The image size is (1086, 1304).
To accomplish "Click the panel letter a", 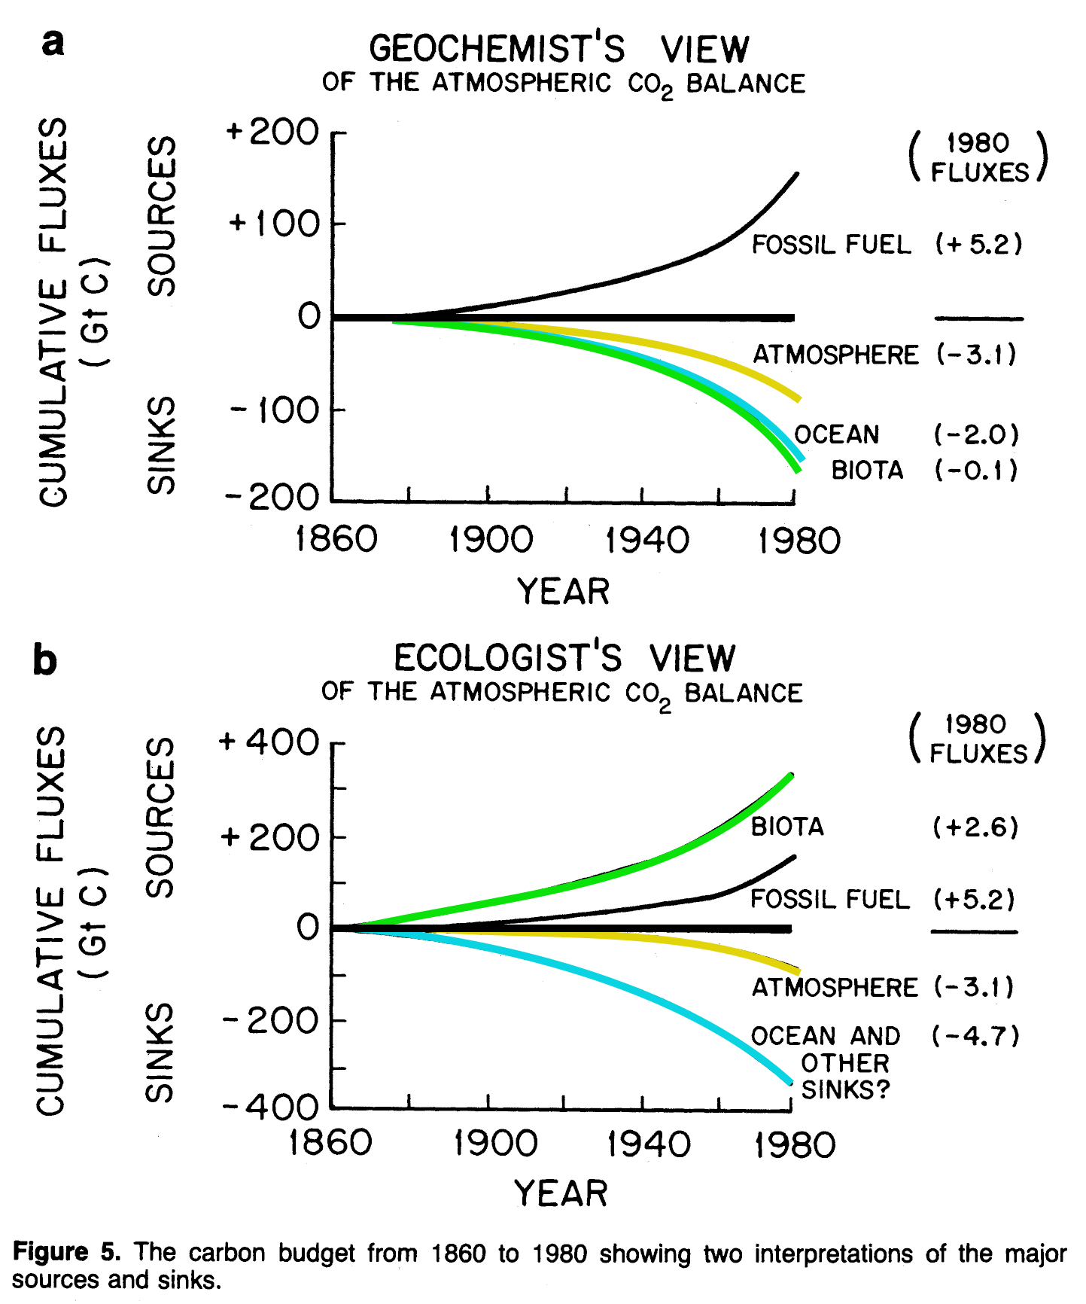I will click(53, 43).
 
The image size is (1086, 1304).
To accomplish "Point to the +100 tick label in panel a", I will click(275, 224).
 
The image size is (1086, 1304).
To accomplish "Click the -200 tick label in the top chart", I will click(272, 497).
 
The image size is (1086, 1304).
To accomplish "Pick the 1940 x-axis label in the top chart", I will click(646, 541).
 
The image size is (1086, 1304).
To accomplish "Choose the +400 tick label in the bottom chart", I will click(269, 742).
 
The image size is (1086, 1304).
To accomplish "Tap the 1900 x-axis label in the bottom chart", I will click(495, 1144).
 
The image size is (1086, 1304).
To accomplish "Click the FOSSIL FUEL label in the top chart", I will click(832, 245).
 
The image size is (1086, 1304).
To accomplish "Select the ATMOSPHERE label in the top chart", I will click(835, 355).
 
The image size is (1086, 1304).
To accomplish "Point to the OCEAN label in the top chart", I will click(837, 434).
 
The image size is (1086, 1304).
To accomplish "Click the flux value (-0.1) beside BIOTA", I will click(976, 471).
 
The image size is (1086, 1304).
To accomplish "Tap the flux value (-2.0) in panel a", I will click(976, 434).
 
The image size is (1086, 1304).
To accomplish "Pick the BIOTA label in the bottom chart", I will click(787, 827).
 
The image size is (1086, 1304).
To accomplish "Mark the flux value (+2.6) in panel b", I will click(975, 827).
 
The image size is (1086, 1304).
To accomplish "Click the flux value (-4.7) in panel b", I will click(975, 1036).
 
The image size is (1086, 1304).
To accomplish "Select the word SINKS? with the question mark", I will click(845, 1089).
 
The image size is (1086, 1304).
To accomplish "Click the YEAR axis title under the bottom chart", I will click(561, 1194).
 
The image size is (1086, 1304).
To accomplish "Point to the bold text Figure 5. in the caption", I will click(66, 1252).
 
